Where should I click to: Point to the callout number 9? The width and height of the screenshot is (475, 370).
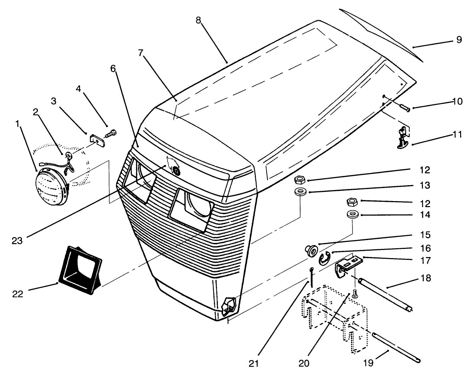[x=459, y=40]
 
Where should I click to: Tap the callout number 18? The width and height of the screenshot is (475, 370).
[x=426, y=278]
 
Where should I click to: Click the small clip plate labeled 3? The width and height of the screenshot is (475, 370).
[x=97, y=139]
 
